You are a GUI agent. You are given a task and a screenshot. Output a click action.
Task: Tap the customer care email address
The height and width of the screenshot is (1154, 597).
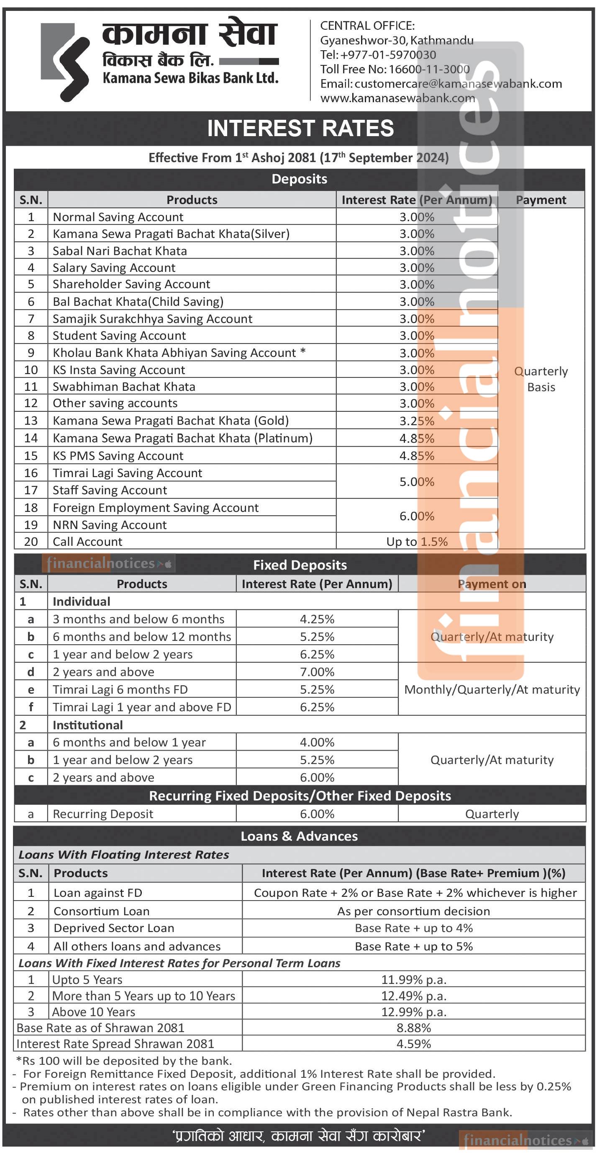[x=458, y=84]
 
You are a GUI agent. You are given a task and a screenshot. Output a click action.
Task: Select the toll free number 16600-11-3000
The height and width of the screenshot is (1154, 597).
[x=429, y=69]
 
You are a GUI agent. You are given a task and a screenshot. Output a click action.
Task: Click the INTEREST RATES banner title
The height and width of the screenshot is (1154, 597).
[x=300, y=129]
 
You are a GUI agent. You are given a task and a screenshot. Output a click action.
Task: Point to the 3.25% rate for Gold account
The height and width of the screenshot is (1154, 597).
[x=417, y=421]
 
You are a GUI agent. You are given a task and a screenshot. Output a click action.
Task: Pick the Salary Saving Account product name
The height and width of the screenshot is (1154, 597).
[x=114, y=268]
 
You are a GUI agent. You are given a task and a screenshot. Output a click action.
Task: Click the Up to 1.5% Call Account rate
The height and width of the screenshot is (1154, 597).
[x=417, y=542]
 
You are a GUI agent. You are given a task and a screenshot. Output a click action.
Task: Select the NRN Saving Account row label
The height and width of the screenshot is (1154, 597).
[x=110, y=524]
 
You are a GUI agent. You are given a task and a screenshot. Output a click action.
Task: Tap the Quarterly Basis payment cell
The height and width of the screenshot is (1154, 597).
[x=541, y=379]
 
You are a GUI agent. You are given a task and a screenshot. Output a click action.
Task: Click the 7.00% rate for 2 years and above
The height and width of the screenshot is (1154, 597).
[x=317, y=672]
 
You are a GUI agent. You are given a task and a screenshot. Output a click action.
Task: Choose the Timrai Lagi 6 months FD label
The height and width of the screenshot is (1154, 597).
[x=120, y=689]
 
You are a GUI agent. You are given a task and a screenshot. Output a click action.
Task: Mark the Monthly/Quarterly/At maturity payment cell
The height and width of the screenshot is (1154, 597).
[x=492, y=689]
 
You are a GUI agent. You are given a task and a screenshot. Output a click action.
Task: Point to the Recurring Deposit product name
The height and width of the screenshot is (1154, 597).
[x=103, y=814]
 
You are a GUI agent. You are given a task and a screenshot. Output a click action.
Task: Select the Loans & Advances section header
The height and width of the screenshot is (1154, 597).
[x=299, y=836]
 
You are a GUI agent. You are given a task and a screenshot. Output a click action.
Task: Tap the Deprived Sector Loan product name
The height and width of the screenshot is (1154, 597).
[x=114, y=928]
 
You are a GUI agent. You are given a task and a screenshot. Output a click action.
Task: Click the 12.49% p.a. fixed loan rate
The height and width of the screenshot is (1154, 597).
[x=413, y=996]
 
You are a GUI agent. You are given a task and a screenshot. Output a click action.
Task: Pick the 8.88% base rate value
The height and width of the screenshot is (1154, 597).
[x=413, y=1027]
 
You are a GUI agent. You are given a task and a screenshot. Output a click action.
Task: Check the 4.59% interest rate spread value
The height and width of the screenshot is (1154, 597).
[x=413, y=1044]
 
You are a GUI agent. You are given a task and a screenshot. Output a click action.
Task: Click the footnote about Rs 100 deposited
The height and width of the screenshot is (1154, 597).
[x=124, y=1061]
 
